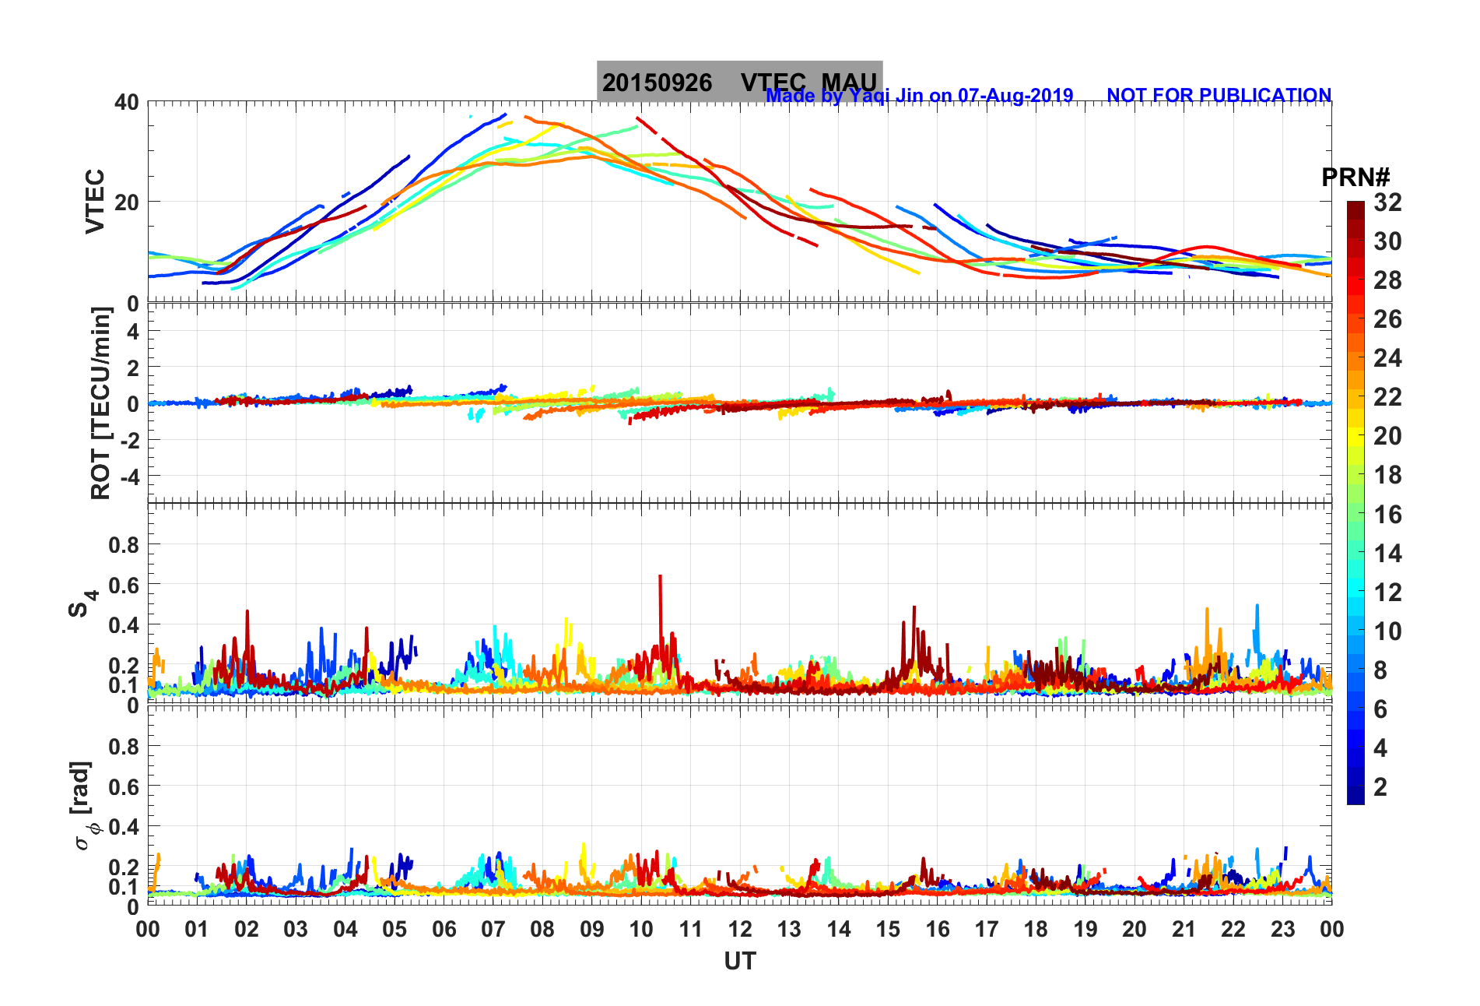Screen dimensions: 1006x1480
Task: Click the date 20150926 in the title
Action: click(657, 83)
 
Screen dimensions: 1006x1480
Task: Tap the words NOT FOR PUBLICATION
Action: click(1219, 96)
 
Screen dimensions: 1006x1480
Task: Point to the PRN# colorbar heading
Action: click(1355, 178)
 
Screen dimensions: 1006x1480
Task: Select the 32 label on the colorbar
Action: click(1387, 202)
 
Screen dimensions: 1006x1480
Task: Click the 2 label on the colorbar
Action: click(1380, 786)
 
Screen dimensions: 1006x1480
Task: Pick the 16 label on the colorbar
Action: click(1387, 514)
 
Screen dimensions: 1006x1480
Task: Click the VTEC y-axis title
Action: click(95, 201)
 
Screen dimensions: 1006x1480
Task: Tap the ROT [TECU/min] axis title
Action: click(101, 403)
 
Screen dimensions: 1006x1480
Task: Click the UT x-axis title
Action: click(739, 962)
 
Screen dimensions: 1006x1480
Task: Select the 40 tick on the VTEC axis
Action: click(126, 102)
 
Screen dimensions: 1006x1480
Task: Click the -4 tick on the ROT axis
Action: click(128, 476)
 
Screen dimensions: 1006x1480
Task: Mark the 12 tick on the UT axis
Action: click(740, 929)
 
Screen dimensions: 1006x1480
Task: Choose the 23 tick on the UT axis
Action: click(1282, 929)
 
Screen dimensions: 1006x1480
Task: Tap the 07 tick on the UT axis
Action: click(493, 929)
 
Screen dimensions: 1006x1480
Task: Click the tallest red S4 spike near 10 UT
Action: click(660, 578)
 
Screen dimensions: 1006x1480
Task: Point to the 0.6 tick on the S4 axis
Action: click(123, 585)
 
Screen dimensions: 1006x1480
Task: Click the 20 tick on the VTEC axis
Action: click(126, 202)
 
